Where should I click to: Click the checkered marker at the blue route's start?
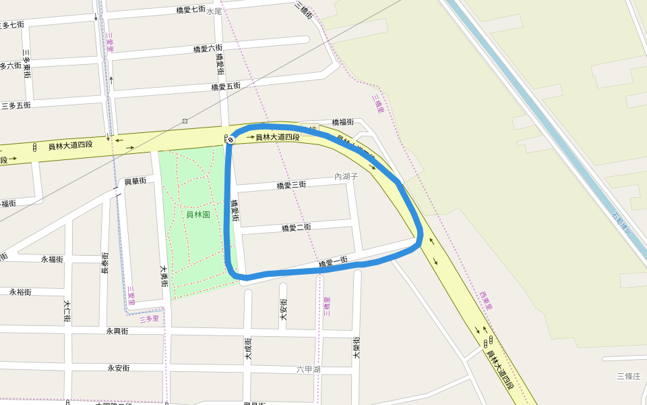coord(230,139)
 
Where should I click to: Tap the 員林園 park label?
coord(198,215)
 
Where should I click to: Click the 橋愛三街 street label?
coord(291,185)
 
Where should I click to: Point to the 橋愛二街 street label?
coord(296,227)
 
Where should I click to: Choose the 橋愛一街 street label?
coord(333,261)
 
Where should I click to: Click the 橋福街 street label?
coord(342,122)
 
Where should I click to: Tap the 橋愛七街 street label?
coord(191,9)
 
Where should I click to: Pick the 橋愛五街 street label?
coord(226,86)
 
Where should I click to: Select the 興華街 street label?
coord(135,182)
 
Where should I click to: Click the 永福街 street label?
coord(52,259)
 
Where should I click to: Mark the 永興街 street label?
coord(117,331)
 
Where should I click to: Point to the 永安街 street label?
coord(119,368)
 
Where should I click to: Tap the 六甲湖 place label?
coord(308,369)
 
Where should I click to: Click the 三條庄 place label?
coord(628,376)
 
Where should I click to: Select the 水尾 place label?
coord(214,11)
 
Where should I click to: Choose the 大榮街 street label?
coord(356,347)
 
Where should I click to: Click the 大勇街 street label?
coord(163,275)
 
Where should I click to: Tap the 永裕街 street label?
coord(21,292)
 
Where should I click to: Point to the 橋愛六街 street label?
coord(208,49)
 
